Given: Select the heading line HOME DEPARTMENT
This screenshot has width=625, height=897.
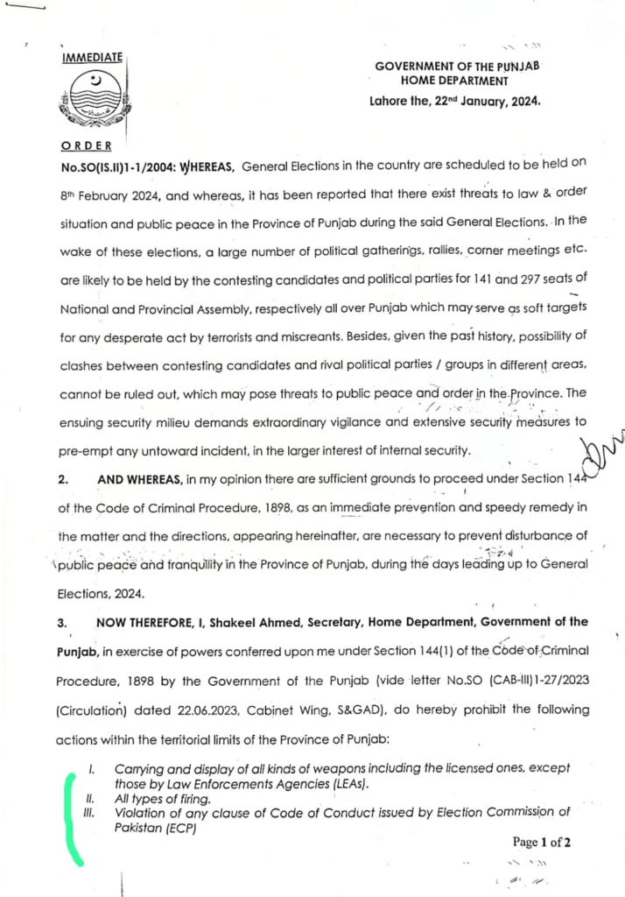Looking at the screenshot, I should point(454,81).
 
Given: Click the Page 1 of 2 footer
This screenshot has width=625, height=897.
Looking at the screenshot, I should point(541,843).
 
